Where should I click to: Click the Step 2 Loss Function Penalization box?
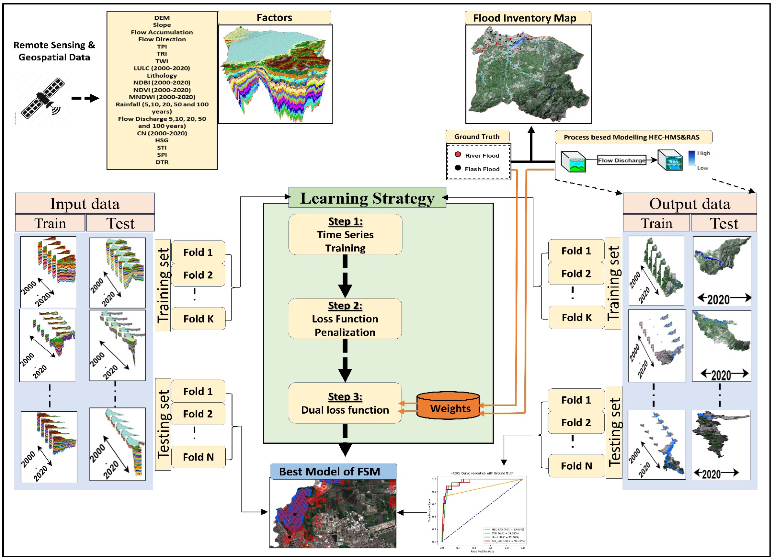[345, 319]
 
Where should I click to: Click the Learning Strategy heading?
[367, 198]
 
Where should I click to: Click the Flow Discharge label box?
[621, 160]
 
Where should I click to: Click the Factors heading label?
[274, 18]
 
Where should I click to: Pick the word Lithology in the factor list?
[162, 75]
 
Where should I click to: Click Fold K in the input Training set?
[198, 319]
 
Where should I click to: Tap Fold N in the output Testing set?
[576, 466]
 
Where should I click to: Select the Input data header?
[85, 204]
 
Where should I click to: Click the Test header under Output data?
[724, 223]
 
